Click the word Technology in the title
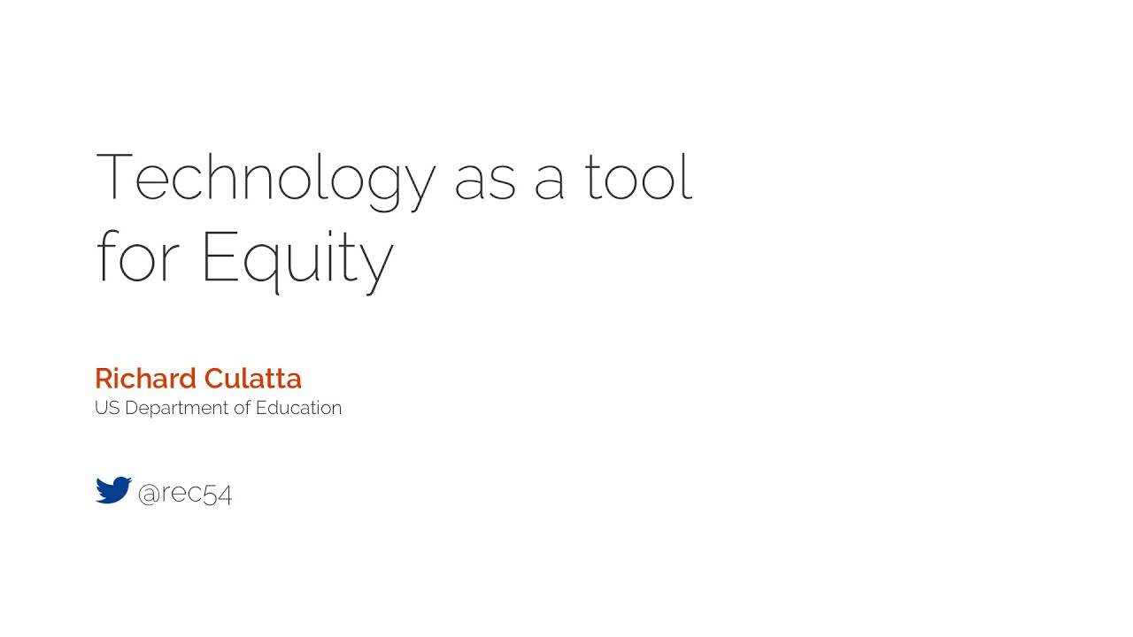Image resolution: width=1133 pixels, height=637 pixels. click(x=266, y=180)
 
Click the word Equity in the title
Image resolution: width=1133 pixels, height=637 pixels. click(x=297, y=259)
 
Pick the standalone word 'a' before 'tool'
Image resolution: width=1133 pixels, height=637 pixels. click(x=550, y=181)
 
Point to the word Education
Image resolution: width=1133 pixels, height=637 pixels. click(x=298, y=408)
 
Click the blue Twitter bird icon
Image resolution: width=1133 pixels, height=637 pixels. click(x=113, y=489)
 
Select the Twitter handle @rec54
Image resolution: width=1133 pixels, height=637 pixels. click(x=185, y=494)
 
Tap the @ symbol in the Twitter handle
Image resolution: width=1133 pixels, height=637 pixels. click(x=148, y=494)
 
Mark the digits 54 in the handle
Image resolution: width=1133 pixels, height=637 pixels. click(x=218, y=494)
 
